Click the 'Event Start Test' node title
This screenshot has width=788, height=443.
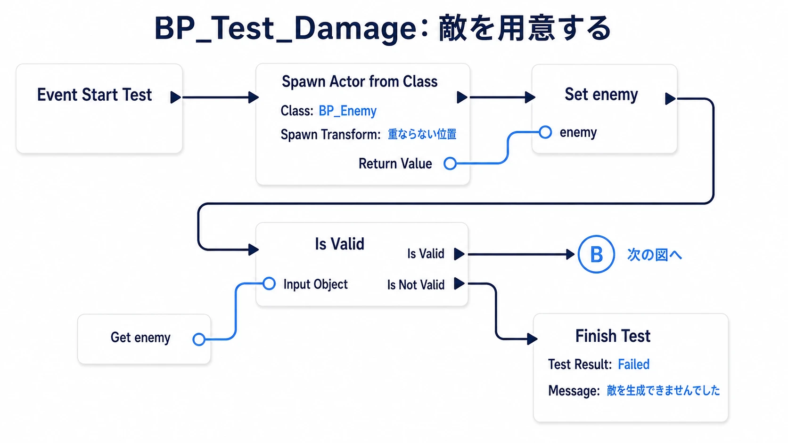pos(94,95)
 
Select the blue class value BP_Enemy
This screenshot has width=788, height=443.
pos(347,111)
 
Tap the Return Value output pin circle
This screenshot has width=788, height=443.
pos(450,163)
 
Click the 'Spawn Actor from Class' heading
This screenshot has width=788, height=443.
pos(360,81)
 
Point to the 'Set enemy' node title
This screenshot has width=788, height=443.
pos(601,94)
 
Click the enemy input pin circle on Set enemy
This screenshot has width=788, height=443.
pos(545,132)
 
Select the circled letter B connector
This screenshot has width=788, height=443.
pos(596,254)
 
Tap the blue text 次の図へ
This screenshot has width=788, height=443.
pos(654,255)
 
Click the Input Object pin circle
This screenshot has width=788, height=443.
pos(269,283)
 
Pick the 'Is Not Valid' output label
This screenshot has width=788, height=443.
pos(416,284)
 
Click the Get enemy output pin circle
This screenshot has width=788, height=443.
pos(199,339)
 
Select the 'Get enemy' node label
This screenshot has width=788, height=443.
pos(140,338)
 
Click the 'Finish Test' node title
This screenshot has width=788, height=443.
pos(613,336)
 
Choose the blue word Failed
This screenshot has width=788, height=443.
pos(633,364)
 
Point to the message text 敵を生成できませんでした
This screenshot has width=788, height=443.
pos(664,390)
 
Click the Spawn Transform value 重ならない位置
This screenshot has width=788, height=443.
pos(422,134)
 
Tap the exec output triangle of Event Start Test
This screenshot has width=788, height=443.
pos(175,97)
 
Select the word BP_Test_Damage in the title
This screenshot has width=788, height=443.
pos(286,29)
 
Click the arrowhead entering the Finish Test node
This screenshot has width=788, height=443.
pos(532,339)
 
